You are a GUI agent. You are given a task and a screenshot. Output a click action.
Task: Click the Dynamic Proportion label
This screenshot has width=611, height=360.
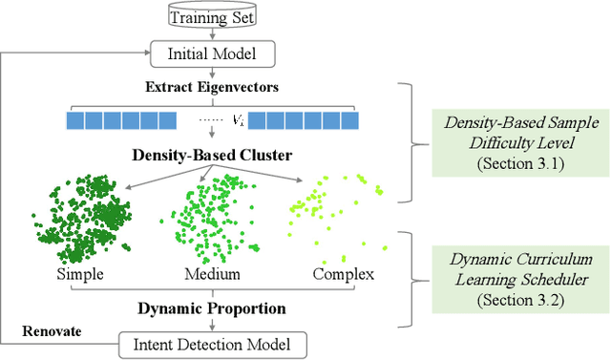211,308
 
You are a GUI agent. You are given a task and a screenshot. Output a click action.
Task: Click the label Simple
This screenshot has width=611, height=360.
81,275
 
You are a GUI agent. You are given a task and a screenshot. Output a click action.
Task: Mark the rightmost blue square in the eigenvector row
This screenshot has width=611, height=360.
350,121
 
